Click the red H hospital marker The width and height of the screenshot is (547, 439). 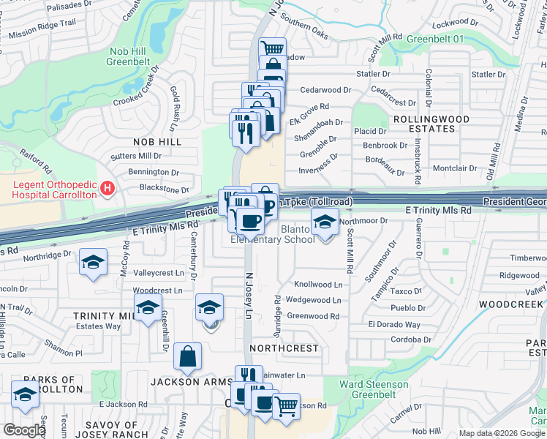[x=108, y=190]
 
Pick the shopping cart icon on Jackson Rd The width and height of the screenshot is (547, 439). [x=286, y=405]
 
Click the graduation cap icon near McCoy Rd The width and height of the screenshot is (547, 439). [x=94, y=263]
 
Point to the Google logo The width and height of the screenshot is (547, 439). [x=24, y=430]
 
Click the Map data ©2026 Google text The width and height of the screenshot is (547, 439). [x=501, y=433]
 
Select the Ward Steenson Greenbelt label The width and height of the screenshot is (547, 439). [x=374, y=389]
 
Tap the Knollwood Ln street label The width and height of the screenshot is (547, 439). [x=318, y=284]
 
